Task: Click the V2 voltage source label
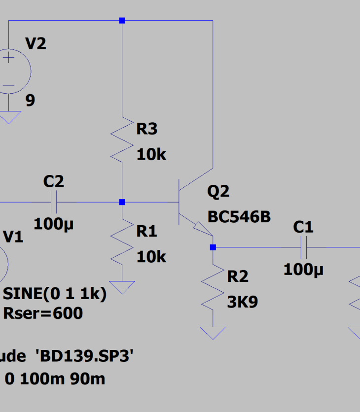[x=36, y=44]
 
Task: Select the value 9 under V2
[x=30, y=101]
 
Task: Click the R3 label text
[x=146, y=129]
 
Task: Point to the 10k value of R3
[x=151, y=155]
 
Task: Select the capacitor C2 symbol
[x=54, y=202]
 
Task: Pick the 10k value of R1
[x=151, y=256]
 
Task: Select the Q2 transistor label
[x=218, y=192]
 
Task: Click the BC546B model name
[x=239, y=217]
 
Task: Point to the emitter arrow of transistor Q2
[x=202, y=228]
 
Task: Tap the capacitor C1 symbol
[x=303, y=247]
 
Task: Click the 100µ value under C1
[x=303, y=270]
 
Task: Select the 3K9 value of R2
[x=242, y=302]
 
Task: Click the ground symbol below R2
[x=213, y=333]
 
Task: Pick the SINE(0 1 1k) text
[x=54, y=294]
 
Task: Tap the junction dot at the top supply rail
[x=122, y=21]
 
